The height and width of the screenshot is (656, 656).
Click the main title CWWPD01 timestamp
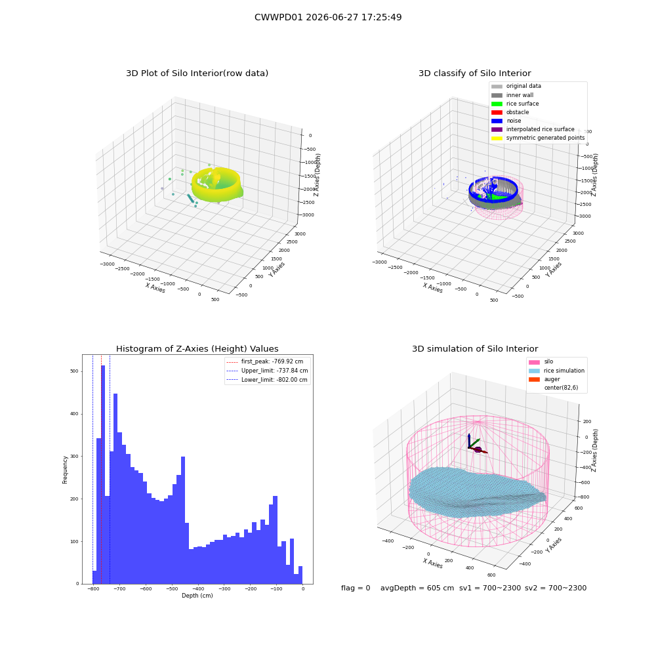click(328, 17)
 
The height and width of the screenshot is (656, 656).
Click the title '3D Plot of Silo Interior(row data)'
click(197, 73)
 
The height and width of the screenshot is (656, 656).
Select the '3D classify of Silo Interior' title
click(475, 73)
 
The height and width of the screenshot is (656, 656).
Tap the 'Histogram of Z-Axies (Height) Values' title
click(197, 349)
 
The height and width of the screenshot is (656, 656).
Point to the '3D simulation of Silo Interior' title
click(475, 349)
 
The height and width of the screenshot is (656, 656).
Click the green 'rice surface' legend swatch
click(497, 104)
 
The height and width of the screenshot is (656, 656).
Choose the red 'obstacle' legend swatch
click(497, 112)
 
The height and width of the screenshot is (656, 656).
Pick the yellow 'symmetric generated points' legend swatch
click(497, 138)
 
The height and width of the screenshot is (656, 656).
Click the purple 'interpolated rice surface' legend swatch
click(497, 129)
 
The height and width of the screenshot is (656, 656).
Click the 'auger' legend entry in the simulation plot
click(552, 379)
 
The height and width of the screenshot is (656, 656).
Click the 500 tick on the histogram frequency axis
click(75, 371)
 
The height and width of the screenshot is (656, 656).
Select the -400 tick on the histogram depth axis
click(198, 588)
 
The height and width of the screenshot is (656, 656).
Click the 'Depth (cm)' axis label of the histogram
click(197, 596)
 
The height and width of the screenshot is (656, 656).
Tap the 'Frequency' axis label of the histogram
click(65, 470)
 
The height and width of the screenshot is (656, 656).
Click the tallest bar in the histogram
click(103, 474)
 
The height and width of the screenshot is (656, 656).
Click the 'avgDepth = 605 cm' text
click(417, 588)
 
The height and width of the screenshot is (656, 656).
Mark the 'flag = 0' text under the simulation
click(356, 588)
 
